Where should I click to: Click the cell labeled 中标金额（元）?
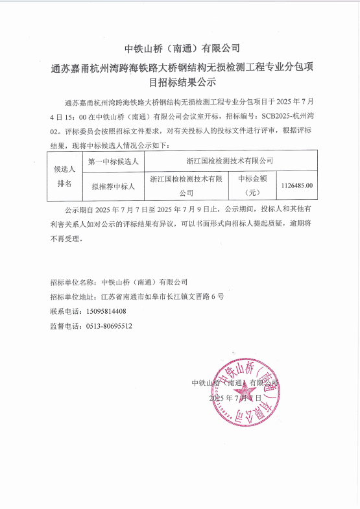(x=254, y=185)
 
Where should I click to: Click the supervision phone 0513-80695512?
(x=109, y=326)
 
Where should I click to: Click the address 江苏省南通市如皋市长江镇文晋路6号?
(x=163, y=296)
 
